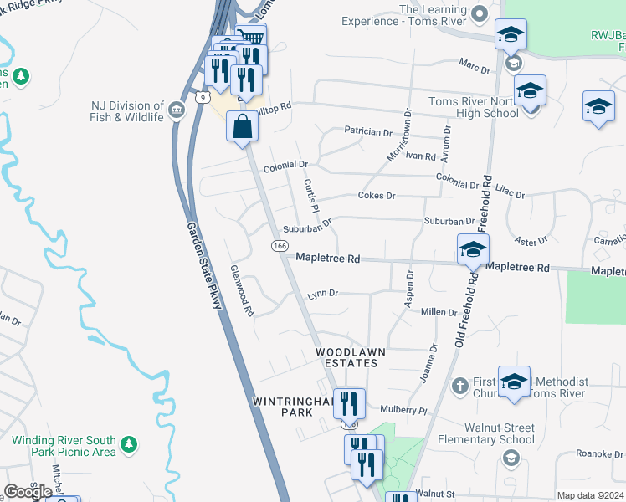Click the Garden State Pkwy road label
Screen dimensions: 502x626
click(204, 266)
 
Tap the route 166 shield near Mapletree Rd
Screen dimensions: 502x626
click(280, 246)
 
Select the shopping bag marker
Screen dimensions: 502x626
click(242, 127)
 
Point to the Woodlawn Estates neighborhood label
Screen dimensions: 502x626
click(351, 358)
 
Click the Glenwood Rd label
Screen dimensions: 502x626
click(241, 291)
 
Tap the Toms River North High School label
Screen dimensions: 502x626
click(473, 107)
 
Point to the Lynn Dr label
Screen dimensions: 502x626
click(322, 294)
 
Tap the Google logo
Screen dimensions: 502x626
click(28, 492)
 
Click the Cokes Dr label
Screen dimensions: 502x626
click(376, 195)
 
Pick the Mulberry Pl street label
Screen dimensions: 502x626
click(404, 411)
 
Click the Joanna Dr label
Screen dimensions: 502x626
click(428, 362)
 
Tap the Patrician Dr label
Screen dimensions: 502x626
click(368, 132)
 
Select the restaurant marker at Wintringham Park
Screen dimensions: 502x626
click(350, 404)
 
